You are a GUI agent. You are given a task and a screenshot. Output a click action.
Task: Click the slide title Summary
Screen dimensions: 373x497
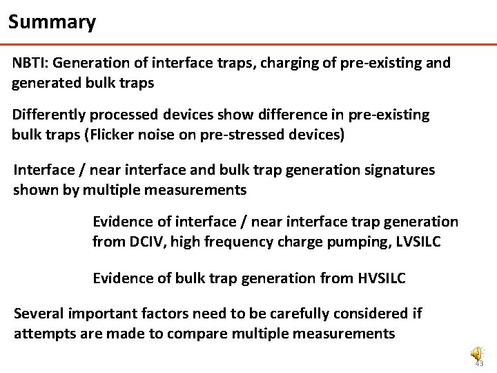tap(52, 22)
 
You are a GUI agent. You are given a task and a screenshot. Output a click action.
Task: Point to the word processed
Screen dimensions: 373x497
tap(121, 115)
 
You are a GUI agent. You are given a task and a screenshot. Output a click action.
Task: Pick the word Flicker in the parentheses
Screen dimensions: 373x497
tap(109, 134)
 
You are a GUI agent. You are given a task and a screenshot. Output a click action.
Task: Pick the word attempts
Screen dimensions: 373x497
tap(41, 334)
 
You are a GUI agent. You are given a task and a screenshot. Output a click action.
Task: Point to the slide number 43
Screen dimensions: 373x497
tap(480, 363)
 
